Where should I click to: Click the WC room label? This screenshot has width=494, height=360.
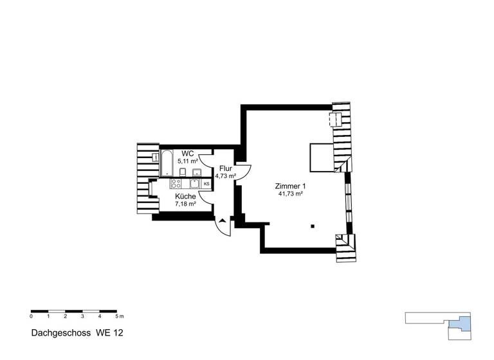188,153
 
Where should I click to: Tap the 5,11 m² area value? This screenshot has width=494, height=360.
188,161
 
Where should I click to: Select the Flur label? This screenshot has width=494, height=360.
225,168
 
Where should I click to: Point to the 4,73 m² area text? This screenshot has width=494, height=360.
225,175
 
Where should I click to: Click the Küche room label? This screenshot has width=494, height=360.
186,196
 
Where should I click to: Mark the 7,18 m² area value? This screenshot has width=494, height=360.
186,204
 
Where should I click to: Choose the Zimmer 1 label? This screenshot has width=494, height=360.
291,185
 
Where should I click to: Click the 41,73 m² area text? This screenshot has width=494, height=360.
291,194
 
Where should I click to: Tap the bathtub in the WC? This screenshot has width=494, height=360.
166,163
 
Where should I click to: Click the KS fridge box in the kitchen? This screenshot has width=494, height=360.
206,184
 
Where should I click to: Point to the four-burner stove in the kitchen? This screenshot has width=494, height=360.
177,184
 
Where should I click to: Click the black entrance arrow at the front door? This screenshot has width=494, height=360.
222,221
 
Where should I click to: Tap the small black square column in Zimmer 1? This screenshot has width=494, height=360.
312,226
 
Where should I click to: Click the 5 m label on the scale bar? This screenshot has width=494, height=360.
118,317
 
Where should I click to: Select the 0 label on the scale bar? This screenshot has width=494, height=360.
31,317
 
